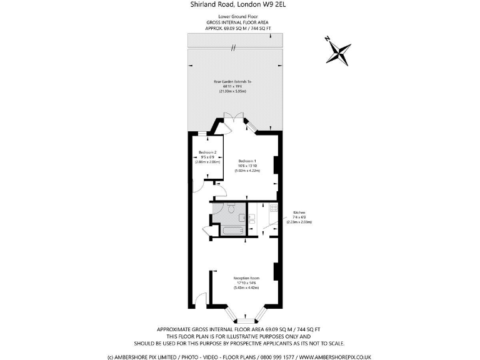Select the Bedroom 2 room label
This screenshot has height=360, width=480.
click(x=207, y=152)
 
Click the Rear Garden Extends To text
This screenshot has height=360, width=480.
click(x=232, y=82)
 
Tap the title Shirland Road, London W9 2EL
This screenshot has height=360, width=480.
click(x=240, y=4)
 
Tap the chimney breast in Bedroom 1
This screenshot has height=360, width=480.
click(x=276, y=161)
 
